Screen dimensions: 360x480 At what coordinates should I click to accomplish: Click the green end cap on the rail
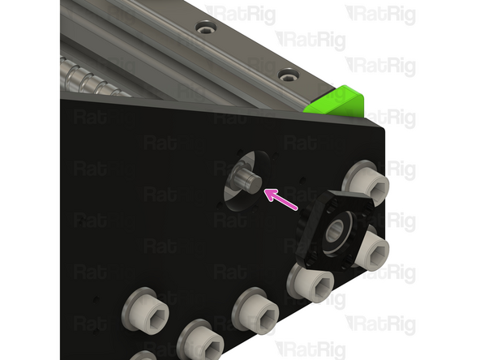(335, 101)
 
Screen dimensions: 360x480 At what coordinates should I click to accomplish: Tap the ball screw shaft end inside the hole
(246, 178)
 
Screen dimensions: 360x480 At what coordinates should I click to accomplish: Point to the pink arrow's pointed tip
(265, 192)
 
